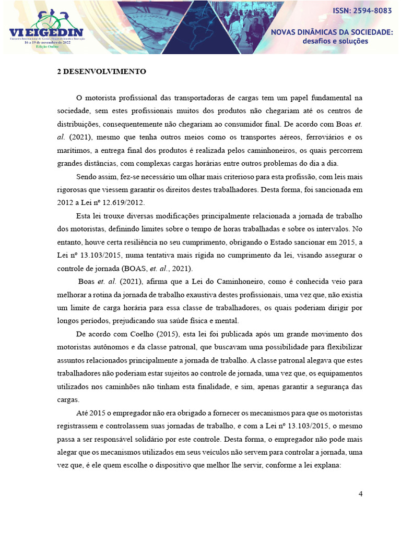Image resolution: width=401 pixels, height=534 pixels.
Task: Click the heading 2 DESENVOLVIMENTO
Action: coord(101,72)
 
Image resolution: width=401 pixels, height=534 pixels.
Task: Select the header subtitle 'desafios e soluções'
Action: coord(335,41)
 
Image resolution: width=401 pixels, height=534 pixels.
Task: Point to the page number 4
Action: coord(360,494)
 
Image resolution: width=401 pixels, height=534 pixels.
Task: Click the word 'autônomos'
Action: coord(119,347)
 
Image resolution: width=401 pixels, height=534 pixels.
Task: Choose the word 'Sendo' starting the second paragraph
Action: coord(87,176)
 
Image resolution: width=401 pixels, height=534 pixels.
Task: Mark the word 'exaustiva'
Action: coord(215,295)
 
